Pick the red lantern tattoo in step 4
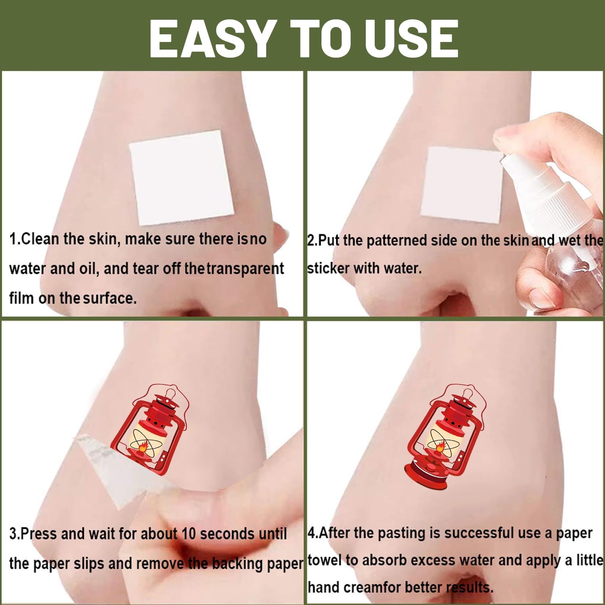(444, 435)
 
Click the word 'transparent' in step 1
(246, 269)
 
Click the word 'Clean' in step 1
(40, 239)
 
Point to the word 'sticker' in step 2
(328, 268)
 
